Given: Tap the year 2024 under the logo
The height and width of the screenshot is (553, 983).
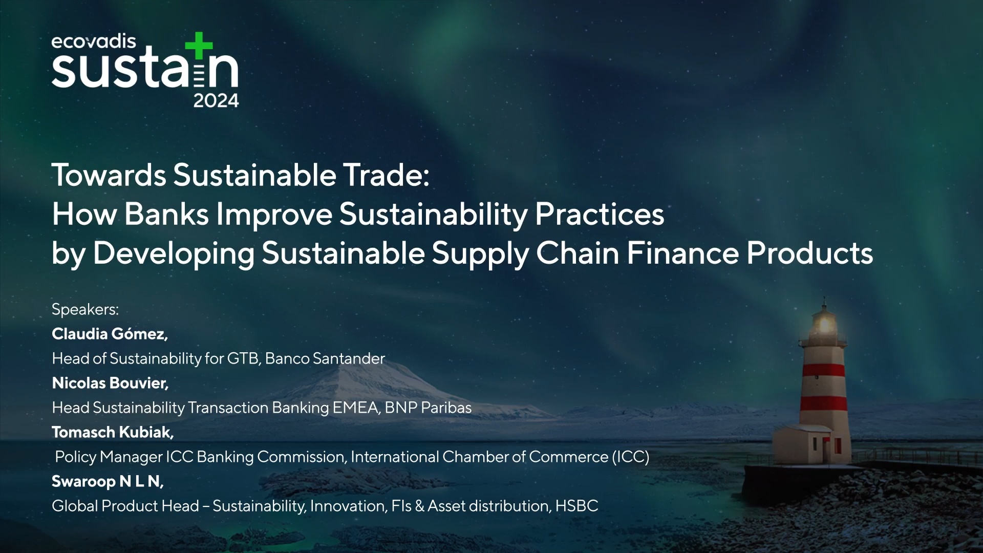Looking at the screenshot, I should [x=216, y=101].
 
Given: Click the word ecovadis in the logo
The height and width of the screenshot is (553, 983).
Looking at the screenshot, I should [x=94, y=41].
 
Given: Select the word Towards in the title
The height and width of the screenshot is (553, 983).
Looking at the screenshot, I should [x=109, y=175].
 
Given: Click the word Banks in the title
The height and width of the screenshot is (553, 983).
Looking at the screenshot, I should [x=166, y=214].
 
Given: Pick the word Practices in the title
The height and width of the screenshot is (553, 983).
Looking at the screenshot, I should [x=600, y=214].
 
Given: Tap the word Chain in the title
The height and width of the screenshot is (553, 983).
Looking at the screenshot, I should [x=578, y=253].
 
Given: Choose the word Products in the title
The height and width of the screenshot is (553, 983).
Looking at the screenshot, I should [x=809, y=253].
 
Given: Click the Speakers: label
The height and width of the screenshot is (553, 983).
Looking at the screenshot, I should [x=85, y=309].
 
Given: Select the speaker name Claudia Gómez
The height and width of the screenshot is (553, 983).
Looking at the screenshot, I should [x=110, y=334].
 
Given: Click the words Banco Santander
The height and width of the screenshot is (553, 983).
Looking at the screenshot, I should [x=325, y=358].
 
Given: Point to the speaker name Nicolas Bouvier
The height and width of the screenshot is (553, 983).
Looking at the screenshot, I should [x=110, y=383].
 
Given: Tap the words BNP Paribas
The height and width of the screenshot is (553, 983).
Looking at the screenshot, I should [x=428, y=408].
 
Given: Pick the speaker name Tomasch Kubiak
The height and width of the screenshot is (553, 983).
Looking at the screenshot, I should [x=113, y=432].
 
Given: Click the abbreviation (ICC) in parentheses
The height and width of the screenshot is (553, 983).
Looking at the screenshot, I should [x=631, y=457].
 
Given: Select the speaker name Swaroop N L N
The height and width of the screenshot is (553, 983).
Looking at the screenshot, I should [x=108, y=481].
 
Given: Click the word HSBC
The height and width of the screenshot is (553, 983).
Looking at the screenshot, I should [x=576, y=506].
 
